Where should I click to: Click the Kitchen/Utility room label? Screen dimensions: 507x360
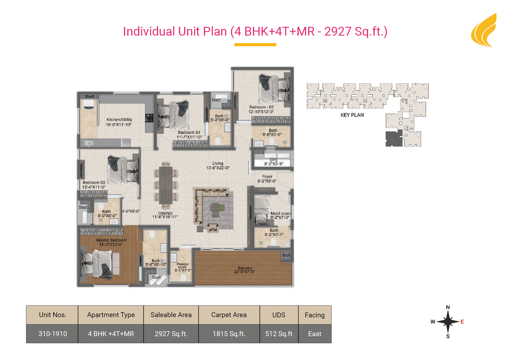point(119,119)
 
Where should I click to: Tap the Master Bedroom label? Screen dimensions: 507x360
point(111,240)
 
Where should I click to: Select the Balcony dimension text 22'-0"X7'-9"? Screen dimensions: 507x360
point(244,272)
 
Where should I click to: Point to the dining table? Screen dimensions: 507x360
point(166,185)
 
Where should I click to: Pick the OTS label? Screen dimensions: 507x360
point(273,160)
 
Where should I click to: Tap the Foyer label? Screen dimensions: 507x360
point(267,177)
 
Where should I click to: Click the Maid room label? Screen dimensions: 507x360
point(280,213)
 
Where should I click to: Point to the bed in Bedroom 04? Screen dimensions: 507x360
point(174,115)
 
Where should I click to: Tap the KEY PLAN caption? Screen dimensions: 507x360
point(352,115)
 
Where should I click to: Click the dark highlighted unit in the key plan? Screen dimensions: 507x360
point(394,138)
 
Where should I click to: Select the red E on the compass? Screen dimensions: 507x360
point(462,322)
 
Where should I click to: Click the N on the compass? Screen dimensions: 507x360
point(448,307)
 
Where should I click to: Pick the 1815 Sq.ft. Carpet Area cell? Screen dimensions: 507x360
point(229,334)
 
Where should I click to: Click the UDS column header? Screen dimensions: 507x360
point(279,315)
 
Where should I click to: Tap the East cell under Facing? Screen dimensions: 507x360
point(315,334)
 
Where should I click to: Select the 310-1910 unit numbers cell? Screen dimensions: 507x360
point(53,334)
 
